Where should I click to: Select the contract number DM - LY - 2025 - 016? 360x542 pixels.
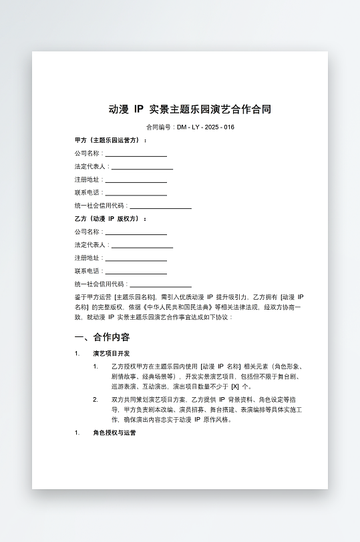click(x=206, y=127)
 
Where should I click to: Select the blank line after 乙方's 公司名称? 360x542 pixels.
click(x=136, y=233)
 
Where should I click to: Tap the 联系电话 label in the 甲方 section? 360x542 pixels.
click(x=87, y=192)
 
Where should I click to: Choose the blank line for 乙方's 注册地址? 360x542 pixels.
click(x=136, y=259)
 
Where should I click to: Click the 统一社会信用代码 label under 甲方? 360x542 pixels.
click(x=100, y=206)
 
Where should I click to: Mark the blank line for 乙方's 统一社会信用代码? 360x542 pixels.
click(x=160, y=285)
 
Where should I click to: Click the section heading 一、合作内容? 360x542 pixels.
click(x=102, y=337)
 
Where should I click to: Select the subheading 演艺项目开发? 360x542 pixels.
click(x=112, y=354)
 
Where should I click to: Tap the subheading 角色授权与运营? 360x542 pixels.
click(x=114, y=433)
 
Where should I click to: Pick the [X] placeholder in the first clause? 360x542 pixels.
click(x=235, y=386)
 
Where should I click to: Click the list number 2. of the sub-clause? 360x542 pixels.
click(x=96, y=399)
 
